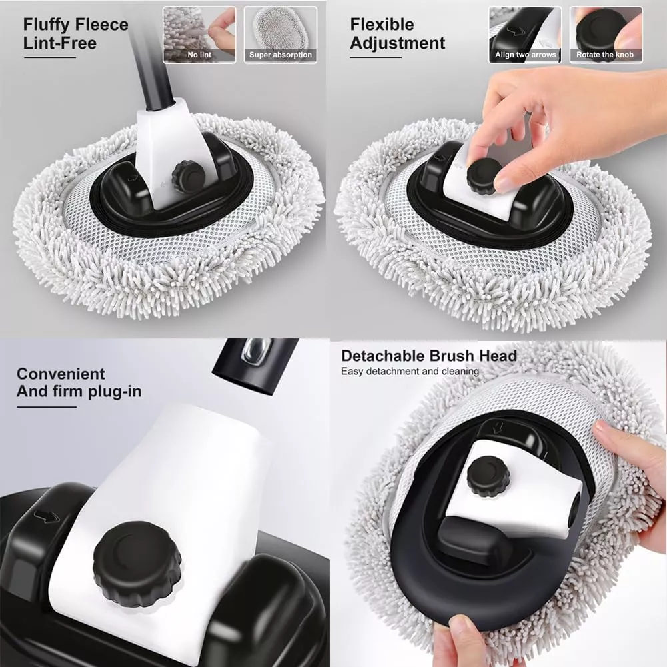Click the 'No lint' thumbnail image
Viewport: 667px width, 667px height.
click(199, 35)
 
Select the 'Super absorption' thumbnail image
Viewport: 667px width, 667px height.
click(281, 35)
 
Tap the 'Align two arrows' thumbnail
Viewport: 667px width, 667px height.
click(525, 35)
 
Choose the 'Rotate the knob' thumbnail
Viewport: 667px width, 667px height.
click(606, 35)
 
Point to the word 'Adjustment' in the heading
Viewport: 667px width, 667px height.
click(398, 44)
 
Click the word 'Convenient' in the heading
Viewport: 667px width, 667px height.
click(61, 374)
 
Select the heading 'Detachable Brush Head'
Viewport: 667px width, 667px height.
click(429, 356)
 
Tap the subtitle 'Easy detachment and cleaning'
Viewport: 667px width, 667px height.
click(410, 371)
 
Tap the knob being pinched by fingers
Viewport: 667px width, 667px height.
click(484, 176)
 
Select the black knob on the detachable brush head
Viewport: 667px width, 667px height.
click(488, 477)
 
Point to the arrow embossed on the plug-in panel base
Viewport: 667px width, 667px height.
click(46, 517)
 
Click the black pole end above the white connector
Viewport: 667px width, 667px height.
click(255, 366)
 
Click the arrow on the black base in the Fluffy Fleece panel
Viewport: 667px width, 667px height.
click(133, 178)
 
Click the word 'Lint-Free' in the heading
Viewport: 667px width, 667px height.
click(60, 43)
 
